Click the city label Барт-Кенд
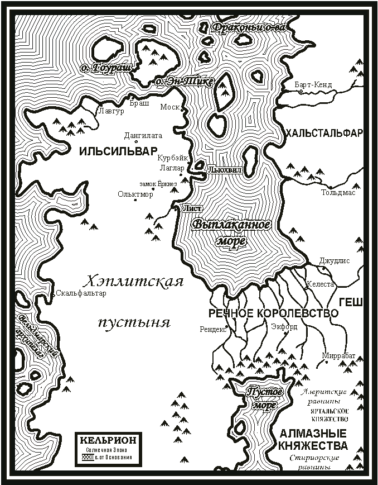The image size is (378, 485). point(313,85)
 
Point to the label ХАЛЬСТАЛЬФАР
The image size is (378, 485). point(324,133)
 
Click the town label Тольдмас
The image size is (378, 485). point(338,193)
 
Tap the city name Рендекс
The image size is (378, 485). point(213,329)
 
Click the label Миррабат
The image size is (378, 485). point(338,355)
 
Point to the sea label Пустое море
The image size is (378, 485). point(264,398)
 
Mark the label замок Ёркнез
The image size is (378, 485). point(158,183)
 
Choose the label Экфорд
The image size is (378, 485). point(284,327)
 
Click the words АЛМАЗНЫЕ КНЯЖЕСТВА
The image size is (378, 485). point(313,440)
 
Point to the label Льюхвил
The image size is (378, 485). point(225,169)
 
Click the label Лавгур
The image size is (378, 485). point(109,111)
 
